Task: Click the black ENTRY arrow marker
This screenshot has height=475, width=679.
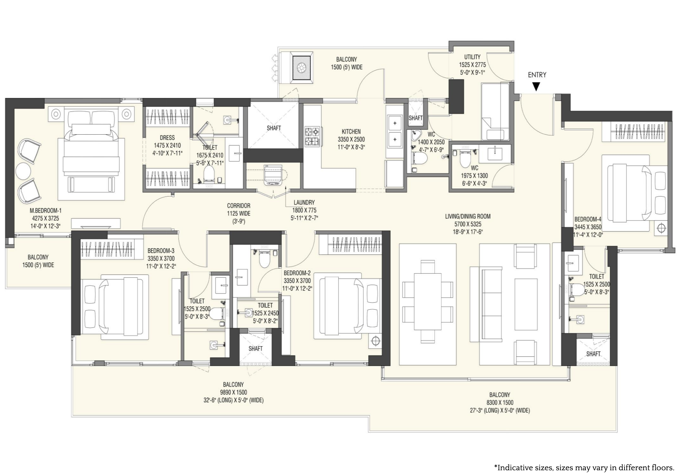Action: coord(536,86)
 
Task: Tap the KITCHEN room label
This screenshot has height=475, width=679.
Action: coord(351,131)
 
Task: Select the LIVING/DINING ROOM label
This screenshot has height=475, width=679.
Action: coord(468,216)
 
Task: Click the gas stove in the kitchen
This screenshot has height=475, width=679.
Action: coord(312,136)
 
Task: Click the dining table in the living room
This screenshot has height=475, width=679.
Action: coord(427,301)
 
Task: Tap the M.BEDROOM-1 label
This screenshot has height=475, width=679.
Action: coord(46,211)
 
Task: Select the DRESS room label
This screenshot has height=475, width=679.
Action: coord(167,138)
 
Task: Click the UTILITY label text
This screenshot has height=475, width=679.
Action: coord(472,57)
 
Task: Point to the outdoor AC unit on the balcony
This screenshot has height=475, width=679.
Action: coord(302,68)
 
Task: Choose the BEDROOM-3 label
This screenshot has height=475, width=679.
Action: coord(161,251)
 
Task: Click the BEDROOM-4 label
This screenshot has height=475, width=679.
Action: coord(588,219)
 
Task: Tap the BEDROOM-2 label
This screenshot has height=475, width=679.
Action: coord(297,273)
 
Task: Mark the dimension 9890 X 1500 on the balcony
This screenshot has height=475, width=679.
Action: coord(233,392)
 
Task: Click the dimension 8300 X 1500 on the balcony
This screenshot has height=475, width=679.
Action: coord(500,403)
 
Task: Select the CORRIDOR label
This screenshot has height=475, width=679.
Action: coord(239,206)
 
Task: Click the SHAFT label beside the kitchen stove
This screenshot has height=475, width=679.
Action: coord(274,128)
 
